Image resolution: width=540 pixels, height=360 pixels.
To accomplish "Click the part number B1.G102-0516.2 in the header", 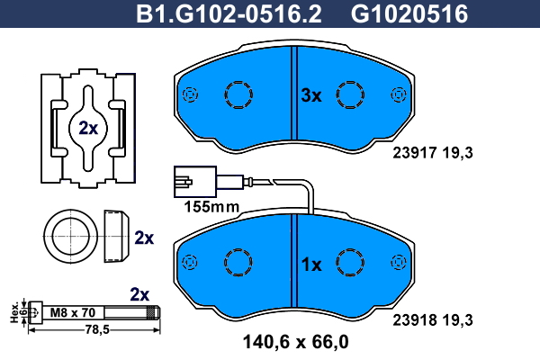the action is tap(229, 13).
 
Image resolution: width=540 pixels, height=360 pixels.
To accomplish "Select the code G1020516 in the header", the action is tap(409, 13).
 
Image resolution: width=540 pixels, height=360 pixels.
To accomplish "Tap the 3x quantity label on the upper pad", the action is tap(311, 95).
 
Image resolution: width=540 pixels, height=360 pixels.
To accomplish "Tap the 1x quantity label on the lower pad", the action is tap(311, 265).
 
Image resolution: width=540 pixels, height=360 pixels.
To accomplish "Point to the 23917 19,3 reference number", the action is tap(433, 153).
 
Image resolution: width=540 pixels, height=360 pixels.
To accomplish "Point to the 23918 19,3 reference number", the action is tap(433, 320).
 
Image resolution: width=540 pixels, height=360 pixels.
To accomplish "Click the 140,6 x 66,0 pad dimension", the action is tap(296, 342).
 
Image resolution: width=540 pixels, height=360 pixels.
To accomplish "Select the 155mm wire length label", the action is tap(211, 207).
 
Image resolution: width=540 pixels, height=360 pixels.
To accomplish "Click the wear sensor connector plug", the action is tap(195, 182).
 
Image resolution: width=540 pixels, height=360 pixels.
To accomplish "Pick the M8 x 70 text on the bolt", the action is tap(73, 312).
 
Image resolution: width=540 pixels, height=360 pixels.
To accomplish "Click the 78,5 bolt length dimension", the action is tap(97, 330).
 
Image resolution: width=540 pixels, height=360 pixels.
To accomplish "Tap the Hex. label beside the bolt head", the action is tap(14, 313).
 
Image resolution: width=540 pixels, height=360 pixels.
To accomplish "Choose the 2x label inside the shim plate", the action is tap(88, 128).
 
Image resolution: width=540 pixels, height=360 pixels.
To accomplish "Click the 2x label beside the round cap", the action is tap(144, 238).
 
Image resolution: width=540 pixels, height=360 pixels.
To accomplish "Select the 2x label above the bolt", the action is tap(139, 294).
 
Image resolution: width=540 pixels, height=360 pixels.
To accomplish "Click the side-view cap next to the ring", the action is tap(116, 236).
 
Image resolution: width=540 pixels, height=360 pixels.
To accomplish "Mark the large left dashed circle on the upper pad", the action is tap(238, 94).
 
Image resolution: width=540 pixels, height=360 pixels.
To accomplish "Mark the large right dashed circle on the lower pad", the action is tap(350, 263).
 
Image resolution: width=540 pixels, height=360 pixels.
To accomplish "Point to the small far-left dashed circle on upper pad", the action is tap(190, 94).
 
